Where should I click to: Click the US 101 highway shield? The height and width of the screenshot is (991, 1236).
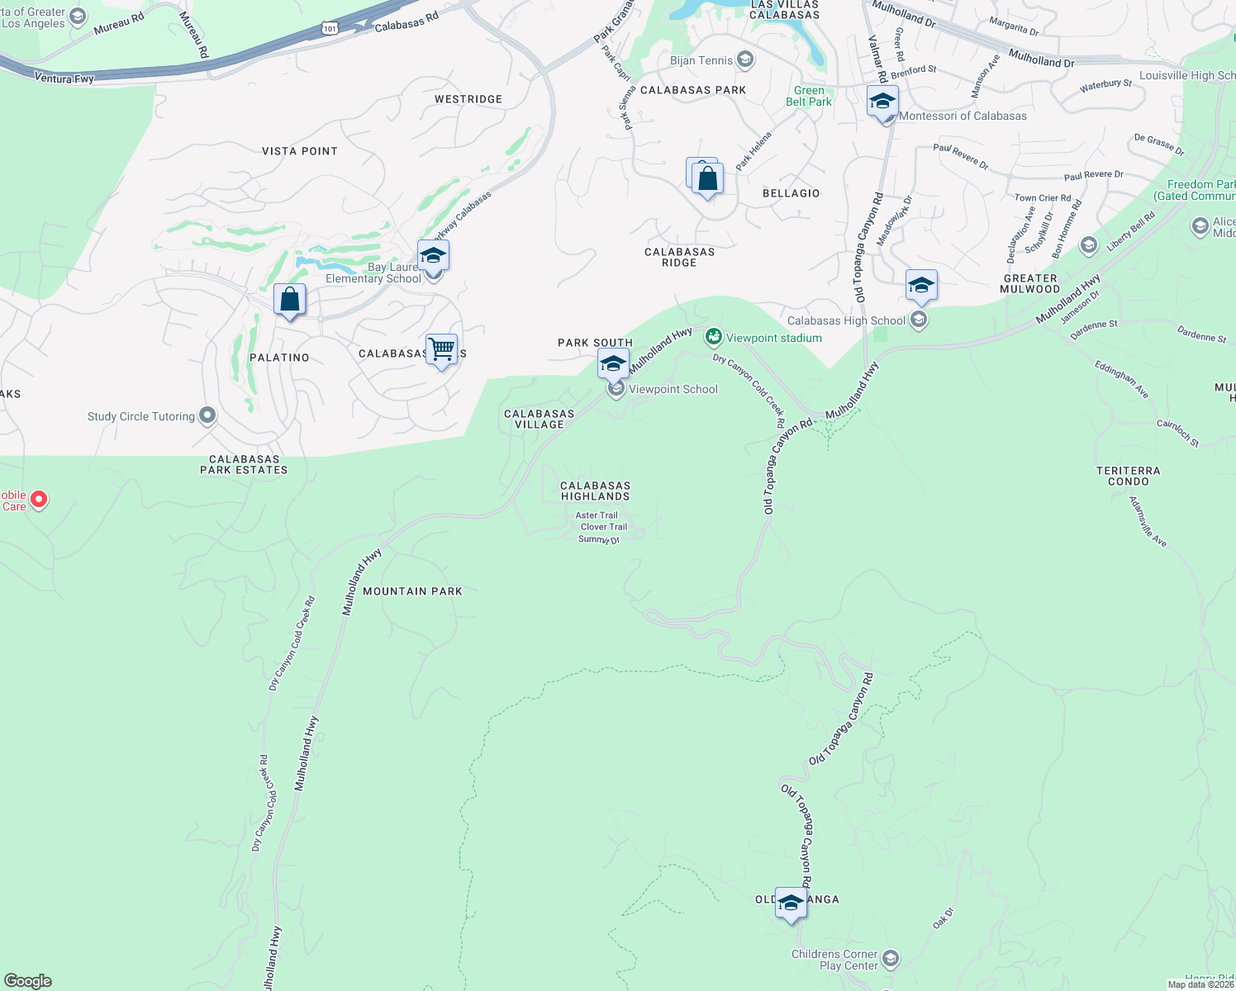tap(330, 29)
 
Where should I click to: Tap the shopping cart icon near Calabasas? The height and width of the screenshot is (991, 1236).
tap(442, 349)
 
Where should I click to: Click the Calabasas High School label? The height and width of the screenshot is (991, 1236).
tap(846, 320)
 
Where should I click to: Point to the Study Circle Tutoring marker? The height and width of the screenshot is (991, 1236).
tap(207, 415)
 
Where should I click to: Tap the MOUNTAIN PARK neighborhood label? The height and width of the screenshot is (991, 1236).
tap(412, 591)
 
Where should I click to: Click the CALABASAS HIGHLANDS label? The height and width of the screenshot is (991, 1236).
tap(595, 491)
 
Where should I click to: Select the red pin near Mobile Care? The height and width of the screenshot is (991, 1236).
tap(38, 500)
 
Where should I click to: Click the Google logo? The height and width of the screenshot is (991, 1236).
tap(28, 981)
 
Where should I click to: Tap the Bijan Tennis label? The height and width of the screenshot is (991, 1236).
tap(701, 60)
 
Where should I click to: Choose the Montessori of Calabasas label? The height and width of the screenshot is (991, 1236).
tap(963, 116)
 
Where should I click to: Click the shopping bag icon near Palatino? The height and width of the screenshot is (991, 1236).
tap(290, 299)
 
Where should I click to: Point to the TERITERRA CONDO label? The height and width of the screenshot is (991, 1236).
tap(1128, 476)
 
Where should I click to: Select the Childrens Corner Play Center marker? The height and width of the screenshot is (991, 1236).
tap(890, 959)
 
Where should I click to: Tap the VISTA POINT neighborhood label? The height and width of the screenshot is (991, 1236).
tap(299, 151)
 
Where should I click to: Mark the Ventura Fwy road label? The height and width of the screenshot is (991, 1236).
tap(64, 78)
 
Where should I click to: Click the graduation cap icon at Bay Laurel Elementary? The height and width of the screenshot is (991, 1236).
tap(433, 255)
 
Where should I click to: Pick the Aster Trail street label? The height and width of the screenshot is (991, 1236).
tap(597, 515)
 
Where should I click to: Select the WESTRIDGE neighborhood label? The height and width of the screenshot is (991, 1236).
tap(468, 99)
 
